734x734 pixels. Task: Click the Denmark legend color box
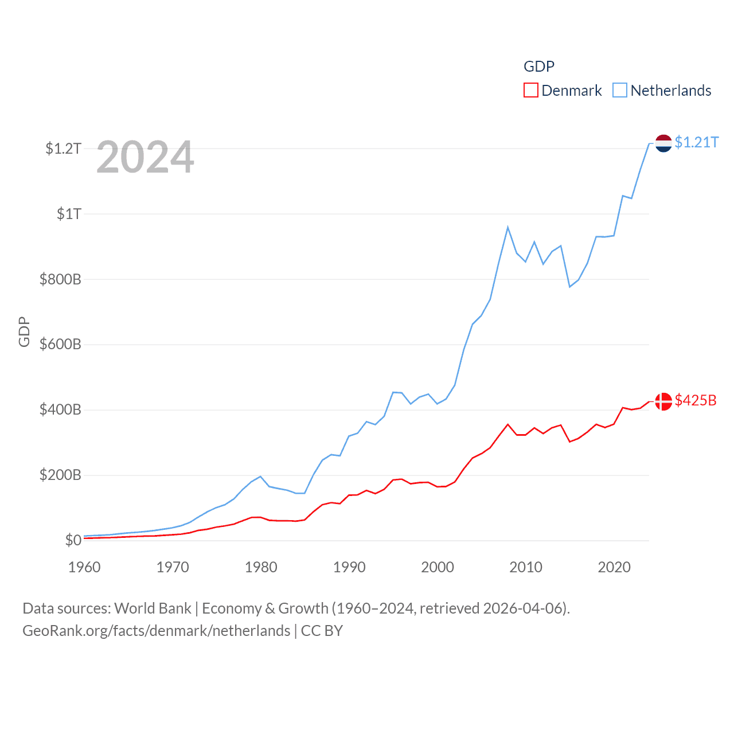531,91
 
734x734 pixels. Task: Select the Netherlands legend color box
620,91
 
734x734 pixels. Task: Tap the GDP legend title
539,67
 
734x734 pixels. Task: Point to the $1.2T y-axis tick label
63,149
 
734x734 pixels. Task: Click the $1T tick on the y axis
69,214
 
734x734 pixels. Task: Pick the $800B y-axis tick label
60,280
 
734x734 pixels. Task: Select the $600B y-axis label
60,345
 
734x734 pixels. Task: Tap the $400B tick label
60,410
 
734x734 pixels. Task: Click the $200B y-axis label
60,475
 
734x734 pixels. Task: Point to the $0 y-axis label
73,540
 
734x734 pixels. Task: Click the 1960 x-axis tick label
84,567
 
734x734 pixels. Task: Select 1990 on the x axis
349,567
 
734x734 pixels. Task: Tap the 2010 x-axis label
526,567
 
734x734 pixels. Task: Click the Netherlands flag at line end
663,143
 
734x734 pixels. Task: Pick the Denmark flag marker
663,401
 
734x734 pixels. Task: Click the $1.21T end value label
697,142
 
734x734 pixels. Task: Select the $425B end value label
696,400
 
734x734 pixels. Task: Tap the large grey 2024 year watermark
145,157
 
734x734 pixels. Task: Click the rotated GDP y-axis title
24,331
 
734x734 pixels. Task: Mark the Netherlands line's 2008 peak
508,227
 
